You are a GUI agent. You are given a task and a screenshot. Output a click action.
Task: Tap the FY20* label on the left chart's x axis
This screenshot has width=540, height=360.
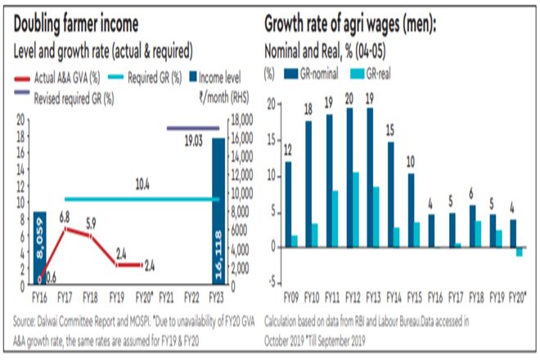point(145,296)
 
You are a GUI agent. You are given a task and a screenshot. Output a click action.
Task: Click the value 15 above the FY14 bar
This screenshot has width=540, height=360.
point(390,128)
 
